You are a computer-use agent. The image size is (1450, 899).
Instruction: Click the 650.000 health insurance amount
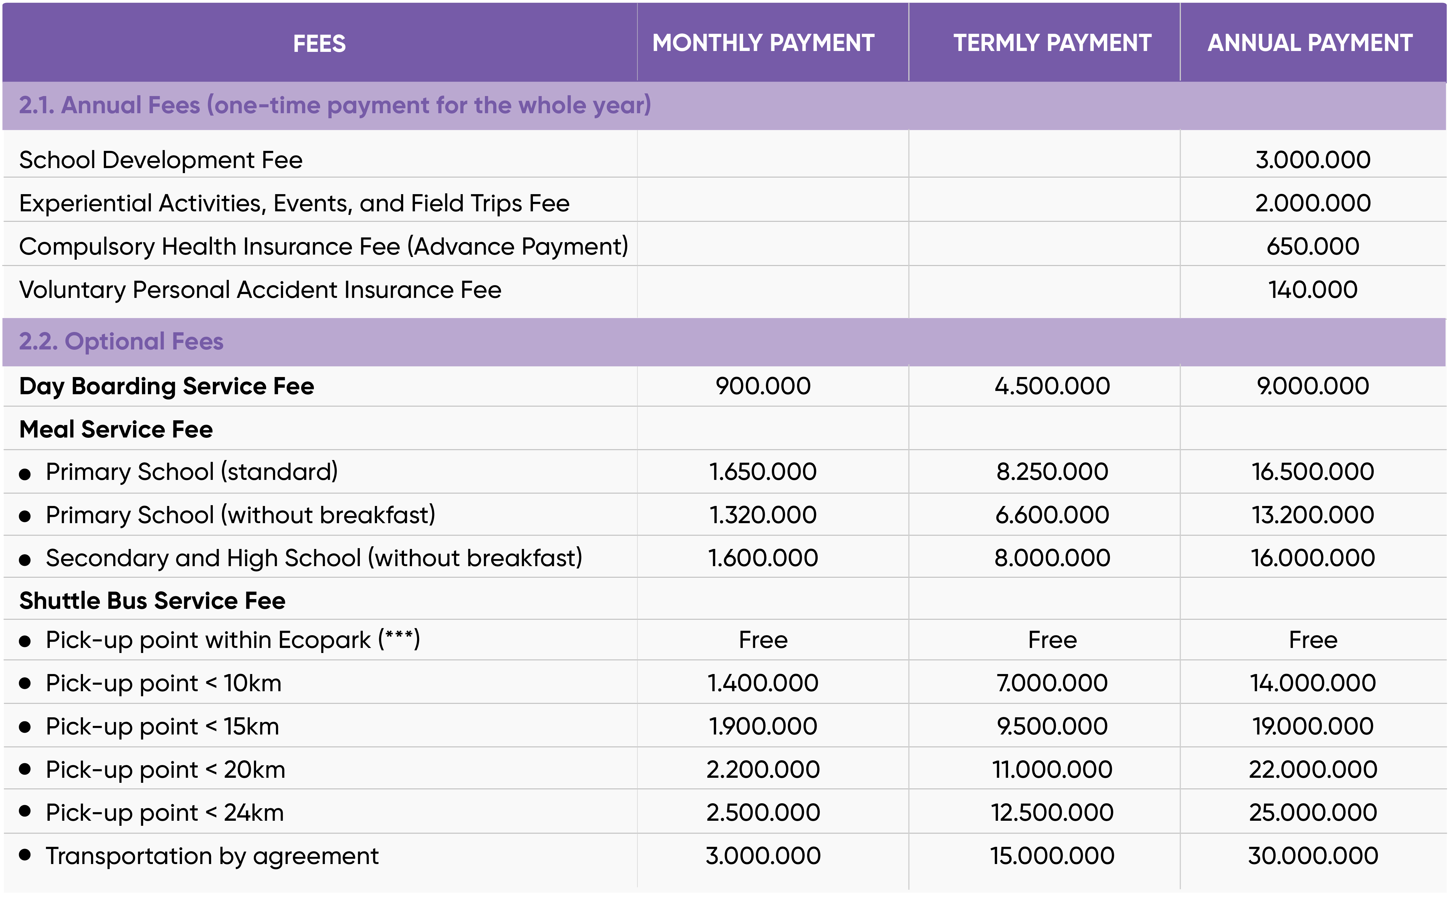pyautogui.click(x=1313, y=246)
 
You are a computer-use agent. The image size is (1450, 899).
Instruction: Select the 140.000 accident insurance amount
pyautogui.click(x=1313, y=290)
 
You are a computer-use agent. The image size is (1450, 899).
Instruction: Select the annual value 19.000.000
pyautogui.click(x=1313, y=726)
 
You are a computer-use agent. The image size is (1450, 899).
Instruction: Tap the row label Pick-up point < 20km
pyautogui.click(x=165, y=769)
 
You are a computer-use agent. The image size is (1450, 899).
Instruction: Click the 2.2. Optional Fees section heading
pyautogui.click(x=121, y=341)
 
